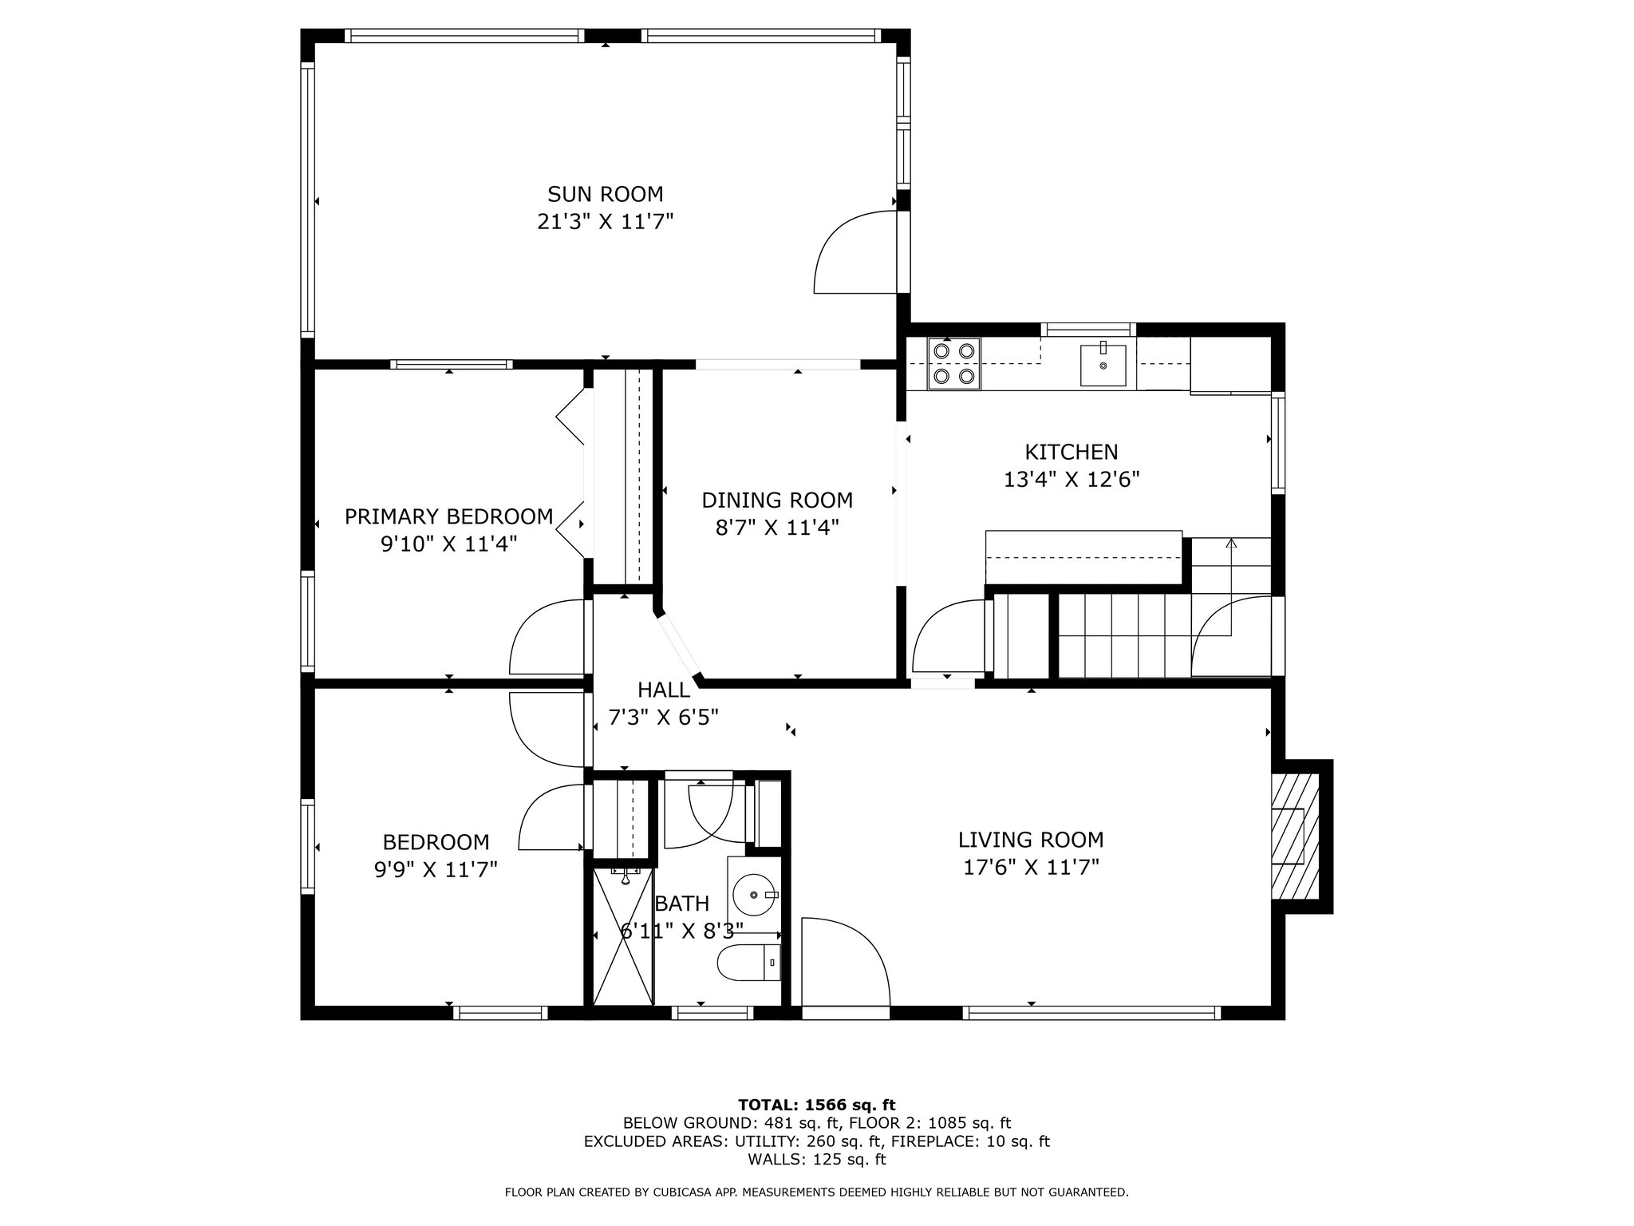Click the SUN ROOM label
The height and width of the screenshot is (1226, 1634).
pos(605,194)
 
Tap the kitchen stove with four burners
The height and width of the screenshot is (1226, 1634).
pos(954,363)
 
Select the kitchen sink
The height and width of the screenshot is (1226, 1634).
pos(1103,365)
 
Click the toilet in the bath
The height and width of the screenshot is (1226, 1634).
pos(749,963)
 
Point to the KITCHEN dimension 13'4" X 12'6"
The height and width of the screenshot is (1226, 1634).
pos(1071,479)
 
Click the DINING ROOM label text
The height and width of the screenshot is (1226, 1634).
pos(777,500)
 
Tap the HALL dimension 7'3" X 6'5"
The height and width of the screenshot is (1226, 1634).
pos(664,718)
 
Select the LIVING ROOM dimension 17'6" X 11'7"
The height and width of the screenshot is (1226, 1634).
pos(1031,867)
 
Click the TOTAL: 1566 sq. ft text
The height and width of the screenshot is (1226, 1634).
pos(817,1105)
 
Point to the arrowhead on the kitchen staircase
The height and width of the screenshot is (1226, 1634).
pos(1231,544)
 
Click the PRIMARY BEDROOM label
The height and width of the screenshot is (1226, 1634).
pos(448,516)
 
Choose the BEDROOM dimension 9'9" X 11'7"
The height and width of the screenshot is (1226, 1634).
pos(436,869)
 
